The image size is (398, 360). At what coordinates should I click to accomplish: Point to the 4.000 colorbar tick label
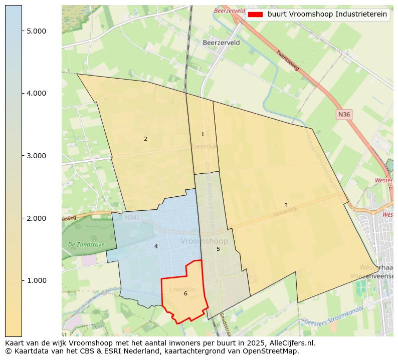pos(37,93)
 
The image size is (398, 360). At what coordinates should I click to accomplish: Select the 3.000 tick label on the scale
pos(37,156)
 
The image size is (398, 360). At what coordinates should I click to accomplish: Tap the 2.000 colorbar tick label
pos(37,218)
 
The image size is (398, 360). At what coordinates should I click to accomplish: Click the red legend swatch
pos(255,15)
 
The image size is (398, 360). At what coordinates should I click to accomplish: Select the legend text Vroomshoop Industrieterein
pos(327,15)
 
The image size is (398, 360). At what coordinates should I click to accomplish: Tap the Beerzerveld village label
pos(221,43)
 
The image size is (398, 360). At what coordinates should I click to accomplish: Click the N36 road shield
pos(344,115)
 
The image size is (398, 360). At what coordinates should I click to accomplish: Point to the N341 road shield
pos(132,218)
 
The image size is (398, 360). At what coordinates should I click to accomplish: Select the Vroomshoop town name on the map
pos(204,241)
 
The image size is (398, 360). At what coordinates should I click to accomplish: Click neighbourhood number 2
pos(145,139)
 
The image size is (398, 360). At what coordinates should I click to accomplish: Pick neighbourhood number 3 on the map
pos(286,205)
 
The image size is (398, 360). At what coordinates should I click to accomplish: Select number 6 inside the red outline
pos(185,293)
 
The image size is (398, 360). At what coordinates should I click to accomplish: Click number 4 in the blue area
pos(156,246)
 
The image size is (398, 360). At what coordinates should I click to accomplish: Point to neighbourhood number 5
pos(218,249)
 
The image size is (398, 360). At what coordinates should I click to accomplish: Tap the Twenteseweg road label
pos(288,60)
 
